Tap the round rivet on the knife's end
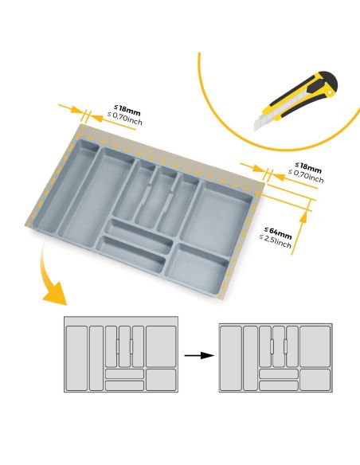click(x=329, y=94)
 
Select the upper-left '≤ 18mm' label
click(x=127, y=110)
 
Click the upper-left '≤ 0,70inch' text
click(x=125, y=119)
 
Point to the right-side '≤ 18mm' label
click(x=308, y=168)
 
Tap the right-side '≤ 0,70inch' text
click(x=306, y=176)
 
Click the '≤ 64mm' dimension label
click(x=278, y=232)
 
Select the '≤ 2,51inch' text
click(x=276, y=241)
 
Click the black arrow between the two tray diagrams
click(x=199, y=355)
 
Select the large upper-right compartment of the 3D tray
click(x=217, y=217)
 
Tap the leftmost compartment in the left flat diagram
click(x=76, y=358)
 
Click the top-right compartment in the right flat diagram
click(x=315, y=346)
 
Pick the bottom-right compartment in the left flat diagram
click(x=161, y=380)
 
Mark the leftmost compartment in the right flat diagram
click(x=231, y=358)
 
